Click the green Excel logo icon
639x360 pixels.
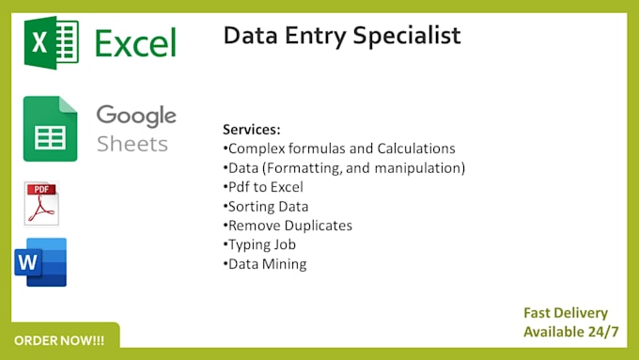coord(52,43)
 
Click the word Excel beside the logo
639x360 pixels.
coord(135,43)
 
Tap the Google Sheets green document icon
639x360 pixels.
coord(50,129)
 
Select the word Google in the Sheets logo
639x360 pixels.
coord(136,116)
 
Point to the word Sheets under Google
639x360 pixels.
coord(132,144)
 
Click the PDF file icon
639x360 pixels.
coord(41,203)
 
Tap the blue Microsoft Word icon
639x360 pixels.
coord(41,261)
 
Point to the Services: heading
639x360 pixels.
coord(252,129)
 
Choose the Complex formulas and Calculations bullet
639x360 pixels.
coord(339,149)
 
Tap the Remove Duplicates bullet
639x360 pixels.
coord(288,226)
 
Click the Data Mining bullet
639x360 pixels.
coord(265,264)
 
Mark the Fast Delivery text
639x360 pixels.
coord(566,313)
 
